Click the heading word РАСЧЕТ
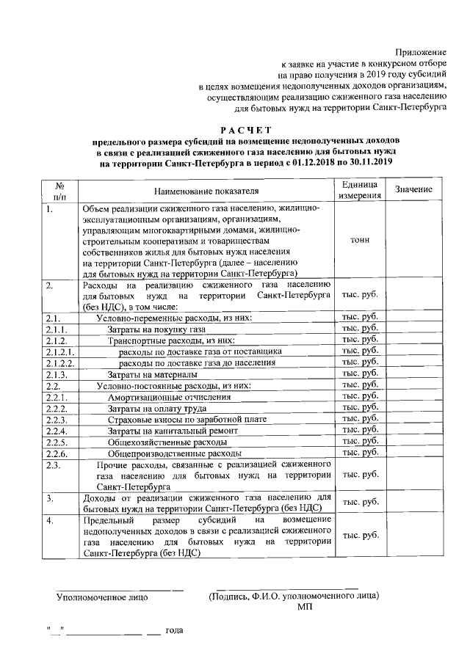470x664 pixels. pos(236,129)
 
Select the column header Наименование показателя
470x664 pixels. pos(207,191)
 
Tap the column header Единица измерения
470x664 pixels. pos(360,190)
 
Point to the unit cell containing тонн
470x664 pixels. pos(360,240)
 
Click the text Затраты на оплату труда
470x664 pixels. pos(156,408)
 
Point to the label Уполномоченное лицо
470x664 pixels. pos(102,596)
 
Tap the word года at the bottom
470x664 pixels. pos(174,630)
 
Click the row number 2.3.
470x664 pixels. pos(53,465)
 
